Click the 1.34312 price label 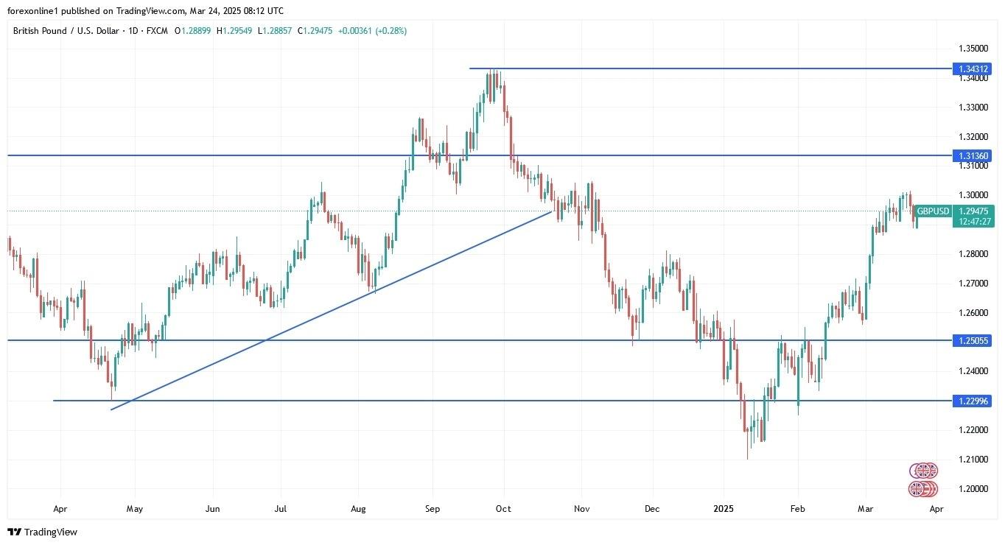973,69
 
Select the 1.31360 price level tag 973,156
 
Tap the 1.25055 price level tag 973,340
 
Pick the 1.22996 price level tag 973,401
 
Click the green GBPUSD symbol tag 933,211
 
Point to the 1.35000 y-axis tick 973,49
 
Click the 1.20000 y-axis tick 973,489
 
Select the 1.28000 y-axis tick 973,254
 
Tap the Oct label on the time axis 503,509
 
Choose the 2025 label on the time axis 724,509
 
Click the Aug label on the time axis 358,509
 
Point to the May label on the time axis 134,509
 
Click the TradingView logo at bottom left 43,532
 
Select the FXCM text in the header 158,31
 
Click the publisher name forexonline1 34,11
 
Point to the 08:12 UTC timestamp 262,11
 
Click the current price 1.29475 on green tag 973,211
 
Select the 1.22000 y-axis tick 973,430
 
